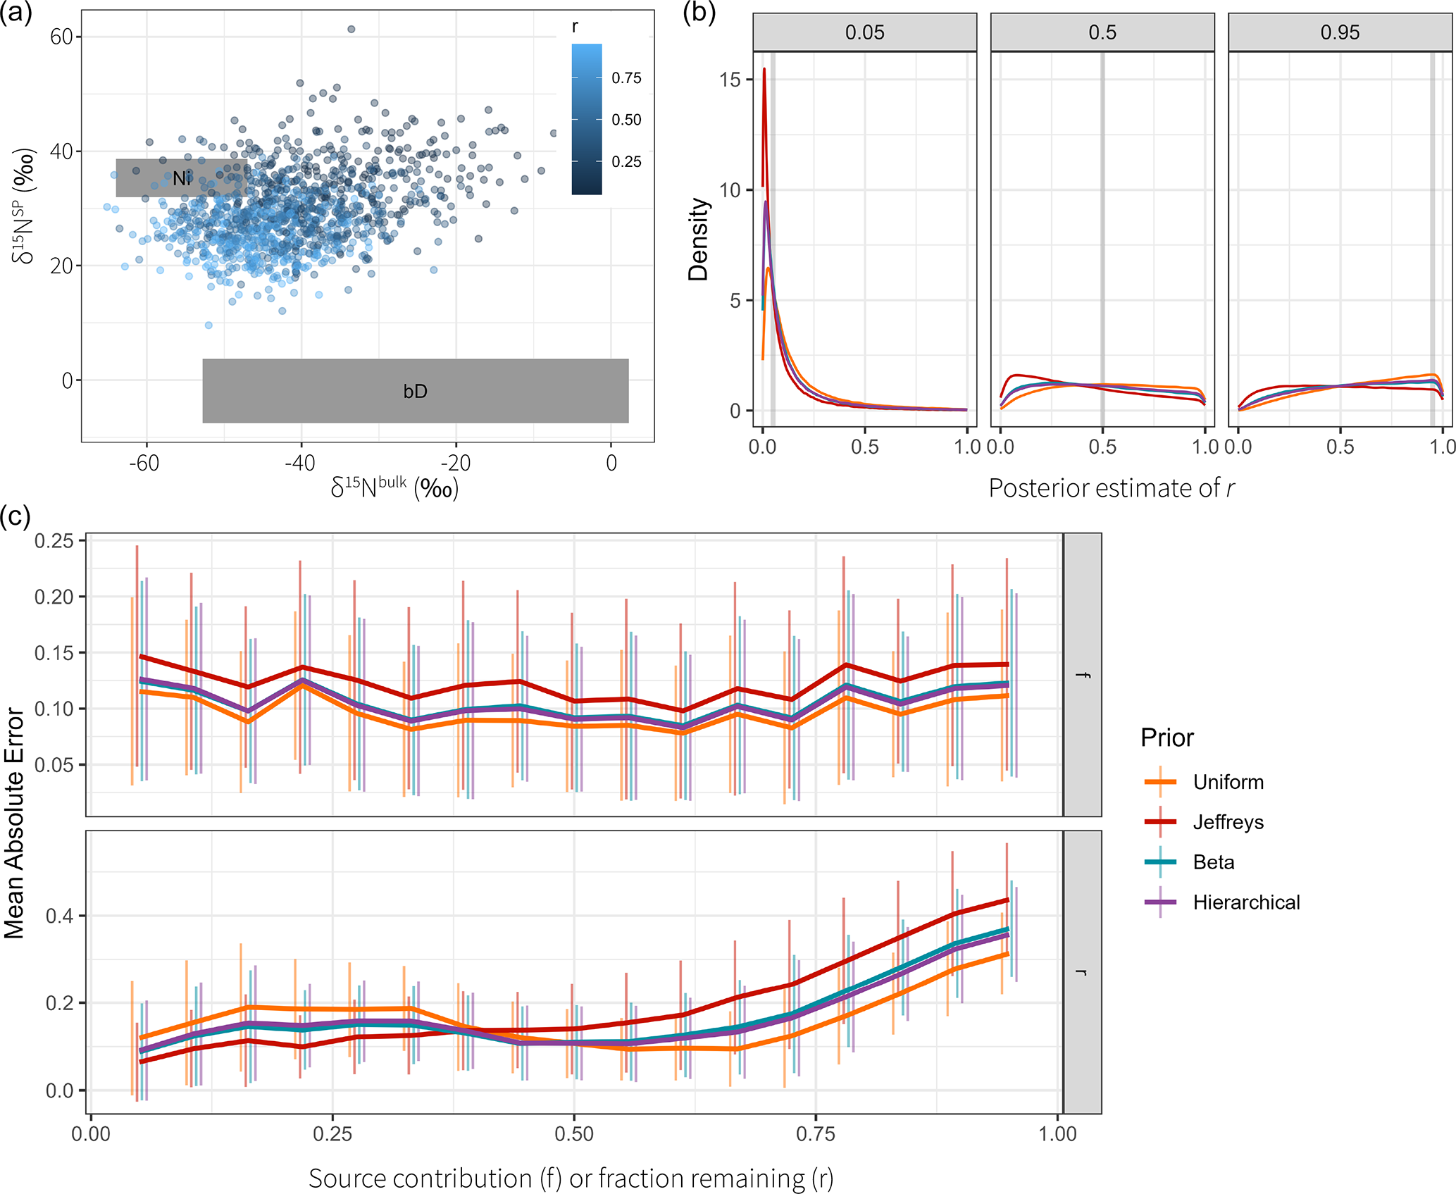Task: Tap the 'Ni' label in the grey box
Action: [182, 179]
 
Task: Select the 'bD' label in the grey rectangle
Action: [415, 392]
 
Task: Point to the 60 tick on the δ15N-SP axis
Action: [61, 37]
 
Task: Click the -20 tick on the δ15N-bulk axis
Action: [455, 463]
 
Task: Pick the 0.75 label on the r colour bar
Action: [626, 77]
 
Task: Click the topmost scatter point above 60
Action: [351, 29]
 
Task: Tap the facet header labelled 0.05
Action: [864, 32]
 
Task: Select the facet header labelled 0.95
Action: [1340, 32]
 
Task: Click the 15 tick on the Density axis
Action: [730, 80]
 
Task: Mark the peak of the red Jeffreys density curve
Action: [764, 69]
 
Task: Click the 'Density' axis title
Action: [698, 240]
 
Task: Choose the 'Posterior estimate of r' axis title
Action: [1111, 488]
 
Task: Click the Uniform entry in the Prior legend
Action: [1228, 782]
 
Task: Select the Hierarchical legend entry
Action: [1246, 902]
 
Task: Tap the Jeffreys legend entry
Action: [1228, 822]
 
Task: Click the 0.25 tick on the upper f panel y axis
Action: [54, 541]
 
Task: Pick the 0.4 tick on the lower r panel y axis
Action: [60, 916]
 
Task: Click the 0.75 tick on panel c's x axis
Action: [815, 1133]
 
